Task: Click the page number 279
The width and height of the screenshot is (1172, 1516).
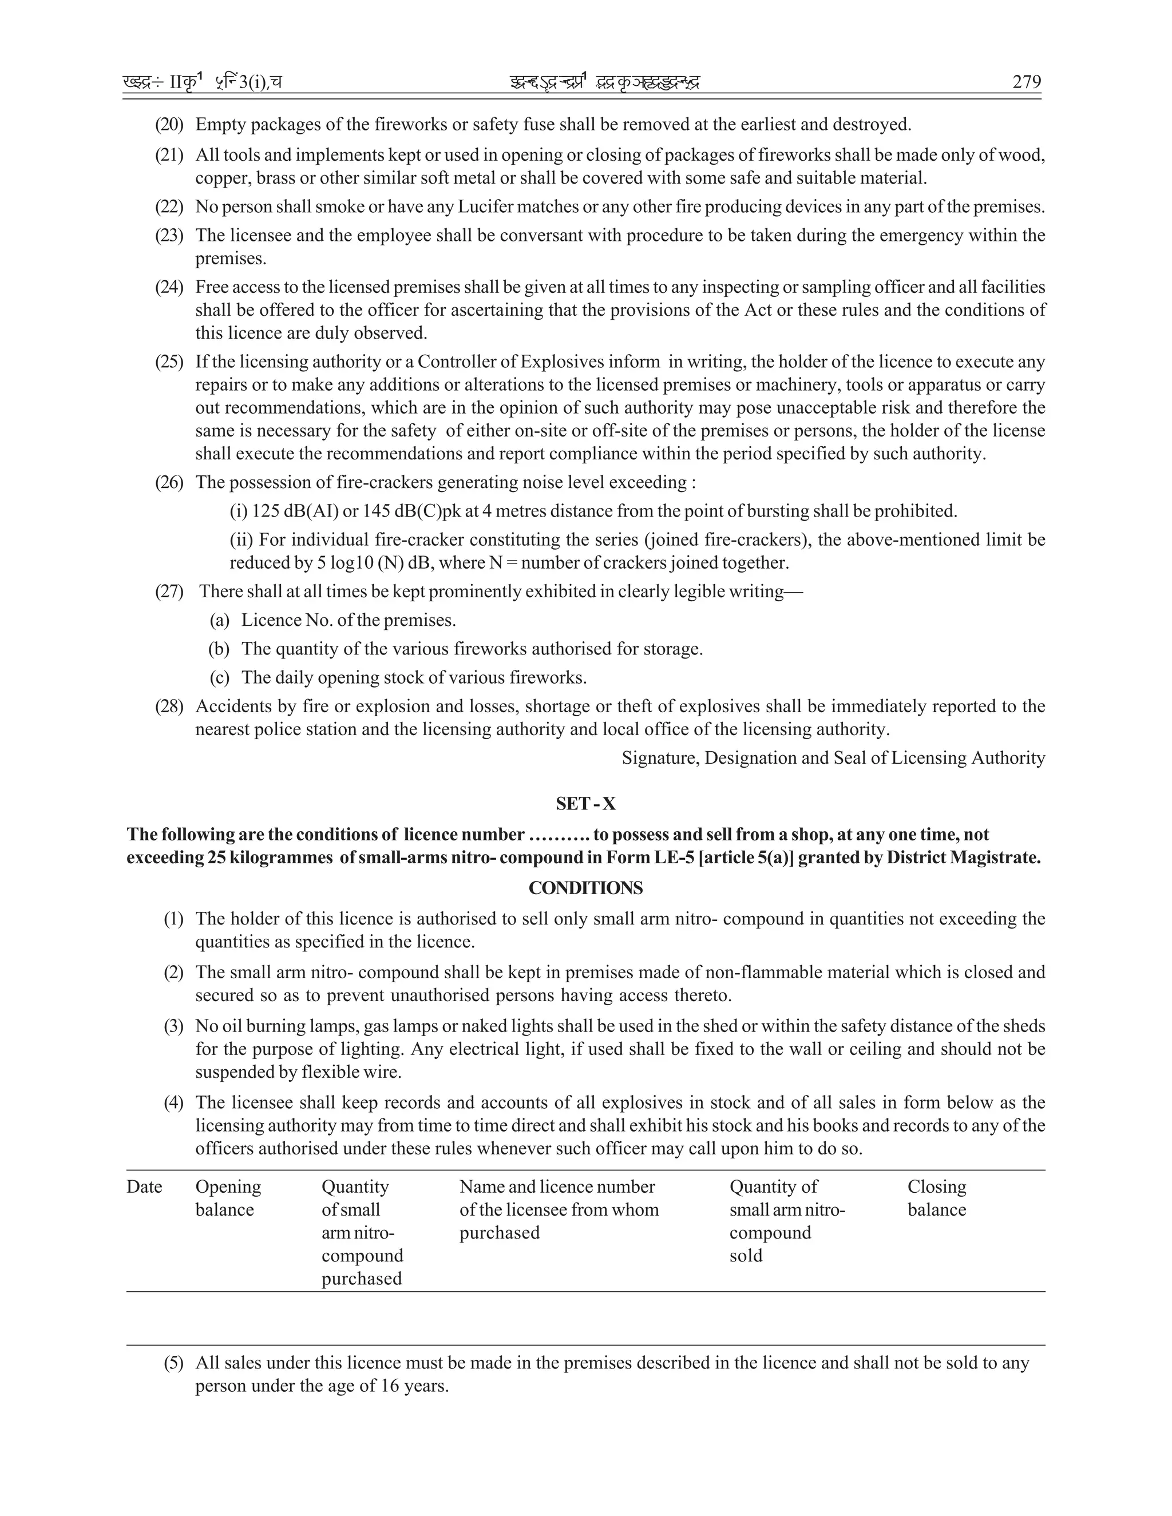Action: (x=1026, y=82)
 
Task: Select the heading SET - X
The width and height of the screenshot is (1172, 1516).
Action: (x=585, y=804)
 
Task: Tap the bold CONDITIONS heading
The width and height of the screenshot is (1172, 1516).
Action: (x=585, y=888)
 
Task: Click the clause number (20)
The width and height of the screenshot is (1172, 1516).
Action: (x=169, y=125)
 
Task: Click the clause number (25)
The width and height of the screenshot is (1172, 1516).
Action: (x=169, y=362)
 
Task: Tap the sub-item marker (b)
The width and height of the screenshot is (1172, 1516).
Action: (x=219, y=649)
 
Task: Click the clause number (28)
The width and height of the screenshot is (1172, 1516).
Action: (x=169, y=707)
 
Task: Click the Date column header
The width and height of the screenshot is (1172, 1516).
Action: (x=144, y=1187)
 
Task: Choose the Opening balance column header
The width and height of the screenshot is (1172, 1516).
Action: (x=228, y=1198)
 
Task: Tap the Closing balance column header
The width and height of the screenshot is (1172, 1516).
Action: (x=937, y=1198)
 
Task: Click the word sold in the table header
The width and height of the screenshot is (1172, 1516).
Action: (x=746, y=1256)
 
